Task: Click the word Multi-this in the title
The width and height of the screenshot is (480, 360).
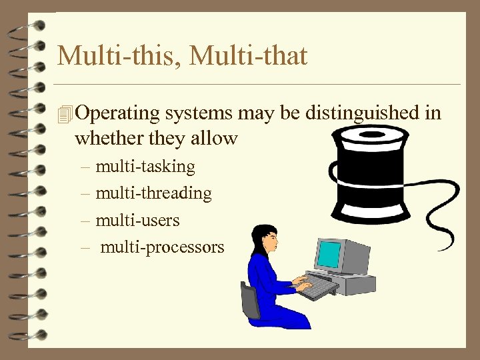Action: (118, 56)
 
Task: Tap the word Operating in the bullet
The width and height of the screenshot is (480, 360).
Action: (118, 114)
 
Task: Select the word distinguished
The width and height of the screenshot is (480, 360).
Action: (362, 113)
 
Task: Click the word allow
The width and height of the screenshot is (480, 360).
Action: (215, 139)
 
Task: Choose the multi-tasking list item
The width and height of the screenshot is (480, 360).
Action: (145, 166)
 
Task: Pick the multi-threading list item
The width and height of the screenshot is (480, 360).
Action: (153, 193)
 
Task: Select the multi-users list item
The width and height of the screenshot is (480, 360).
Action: (137, 220)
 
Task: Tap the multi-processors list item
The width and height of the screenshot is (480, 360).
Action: (162, 247)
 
